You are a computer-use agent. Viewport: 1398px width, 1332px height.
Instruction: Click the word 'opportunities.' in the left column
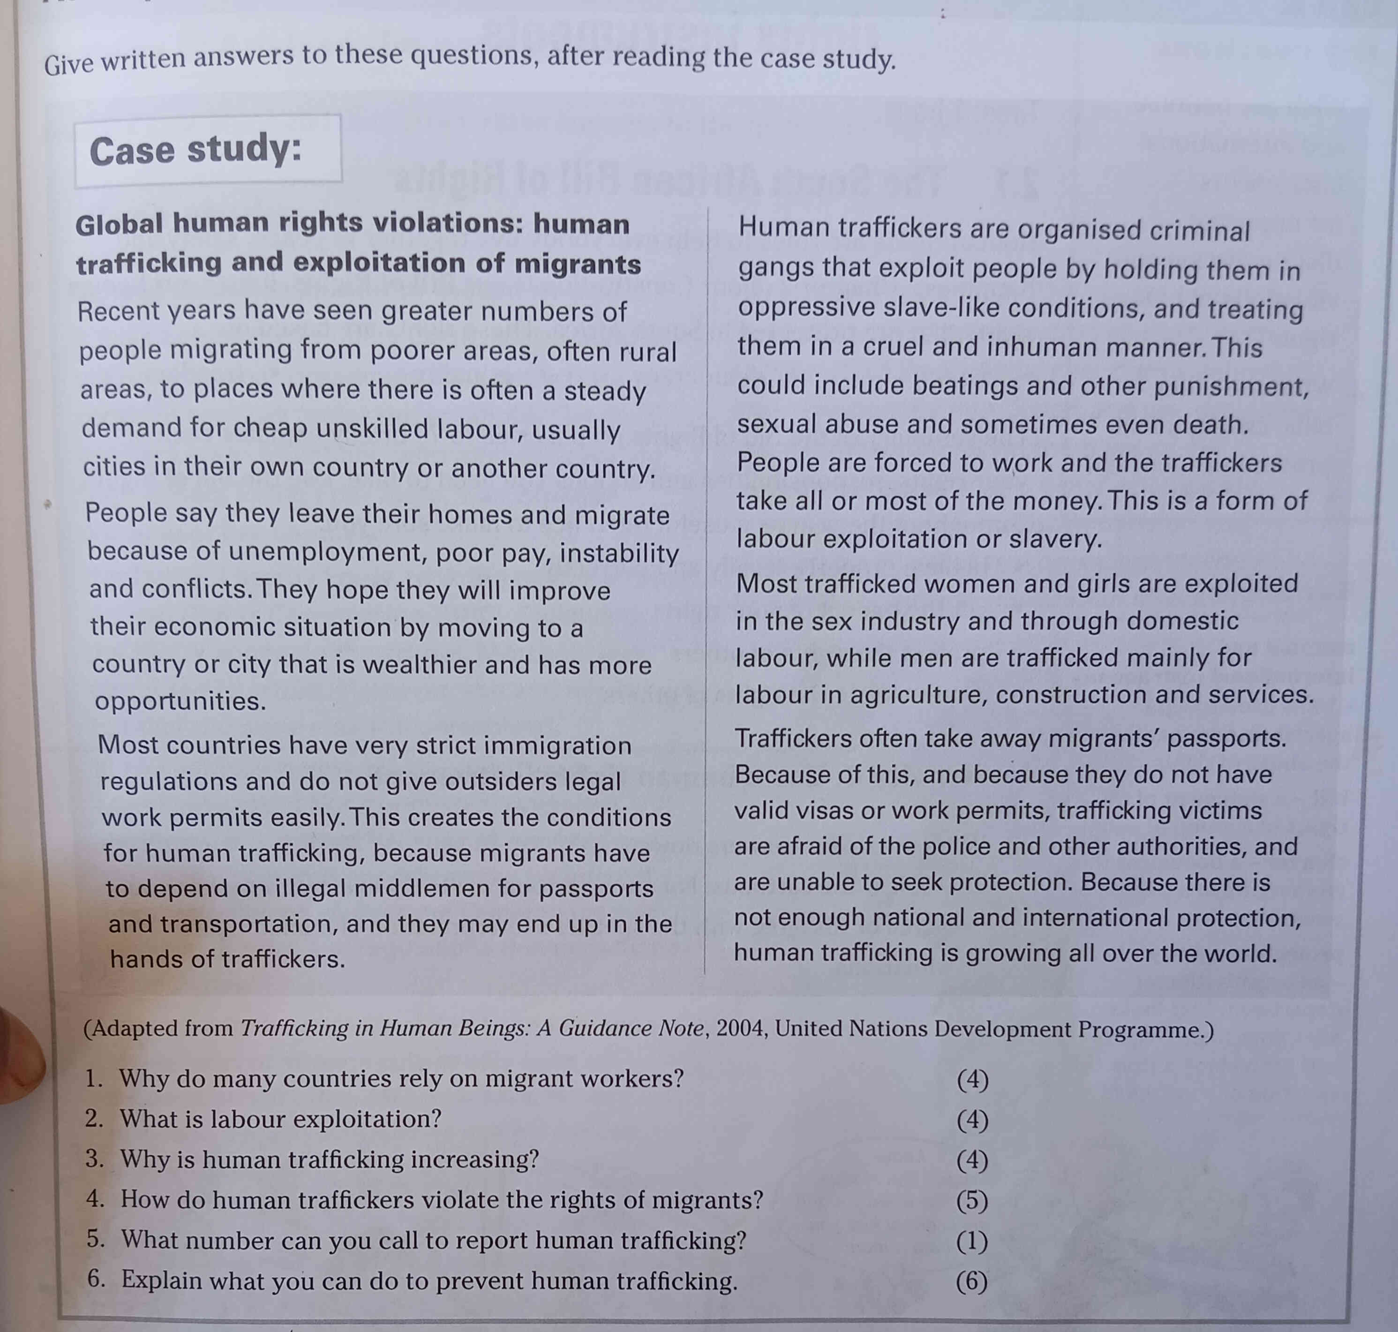(x=180, y=701)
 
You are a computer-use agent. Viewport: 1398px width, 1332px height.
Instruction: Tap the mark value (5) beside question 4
(x=972, y=1201)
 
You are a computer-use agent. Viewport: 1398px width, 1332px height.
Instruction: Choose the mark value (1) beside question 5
(x=972, y=1241)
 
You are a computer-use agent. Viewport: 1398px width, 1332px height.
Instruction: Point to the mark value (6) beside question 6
(x=972, y=1281)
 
